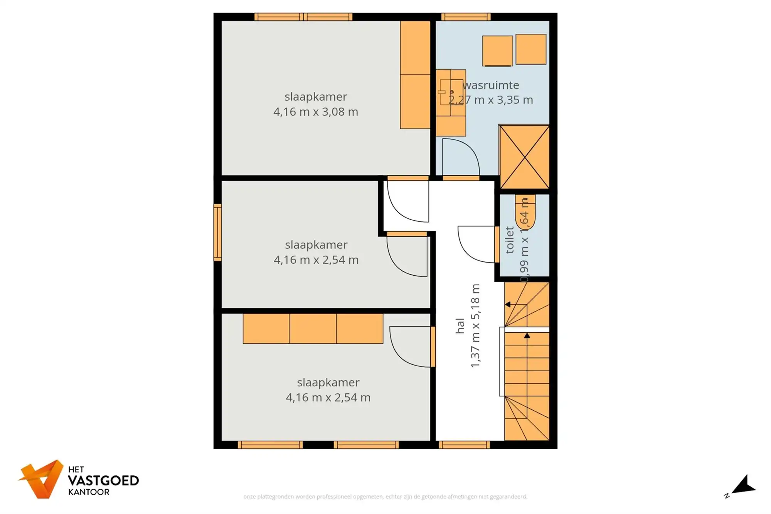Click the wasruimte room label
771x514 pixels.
[491, 85]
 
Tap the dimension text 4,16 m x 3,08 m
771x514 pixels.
[315, 112]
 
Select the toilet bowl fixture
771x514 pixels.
[525, 212]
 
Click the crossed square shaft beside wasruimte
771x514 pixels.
[524, 157]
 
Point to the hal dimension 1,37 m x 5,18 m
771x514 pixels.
[475, 326]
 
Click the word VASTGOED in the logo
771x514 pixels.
[103, 480]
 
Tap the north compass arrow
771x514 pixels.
[744, 485]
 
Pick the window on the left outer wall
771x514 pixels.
[217, 232]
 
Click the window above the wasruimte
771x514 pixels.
[466, 17]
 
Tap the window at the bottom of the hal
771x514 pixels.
[464, 445]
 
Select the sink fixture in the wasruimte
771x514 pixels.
[450, 92]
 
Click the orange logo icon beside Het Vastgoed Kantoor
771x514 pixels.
[42, 479]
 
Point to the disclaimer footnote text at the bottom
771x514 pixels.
[385, 497]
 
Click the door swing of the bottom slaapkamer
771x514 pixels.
[410, 346]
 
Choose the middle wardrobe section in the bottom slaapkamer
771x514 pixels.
[313, 329]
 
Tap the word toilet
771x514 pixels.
[510, 240]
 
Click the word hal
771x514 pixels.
[460, 326]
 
